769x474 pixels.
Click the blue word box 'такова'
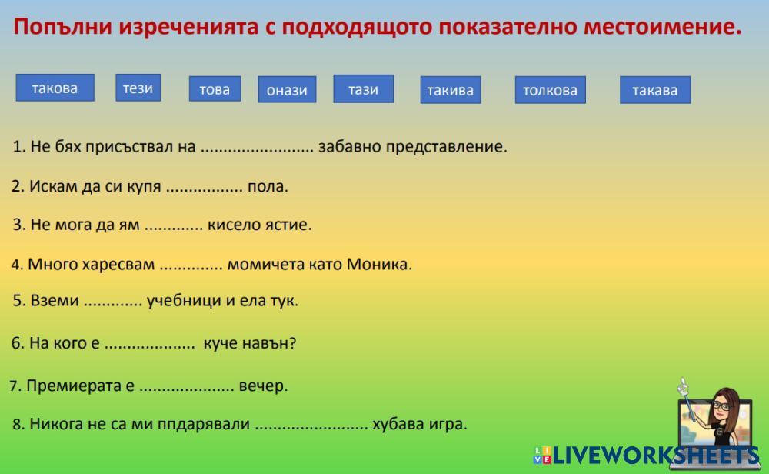pos(55,88)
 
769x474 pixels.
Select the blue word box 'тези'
pos(138,88)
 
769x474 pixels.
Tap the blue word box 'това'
pos(215,88)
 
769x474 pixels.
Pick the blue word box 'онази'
pos(287,89)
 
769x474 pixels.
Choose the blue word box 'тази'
pos(364,88)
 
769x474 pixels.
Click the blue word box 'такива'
pos(450,90)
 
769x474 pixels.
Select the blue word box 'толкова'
pos(551,90)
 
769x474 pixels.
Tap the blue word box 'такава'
pos(655,90)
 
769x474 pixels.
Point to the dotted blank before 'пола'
pos(204,190)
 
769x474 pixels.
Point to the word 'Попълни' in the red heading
pos(63,27)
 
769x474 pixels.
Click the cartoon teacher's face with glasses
pos(723,404)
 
